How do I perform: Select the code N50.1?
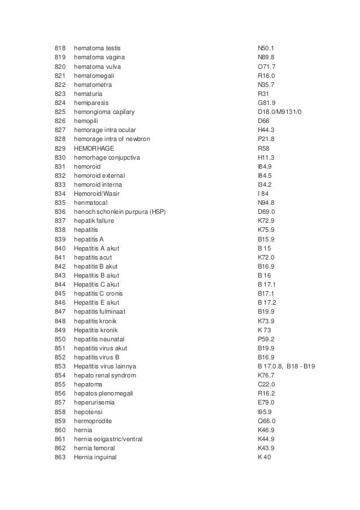[265, 48]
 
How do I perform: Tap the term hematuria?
[89, 94]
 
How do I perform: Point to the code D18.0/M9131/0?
[279, 112]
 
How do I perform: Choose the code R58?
[264, 148]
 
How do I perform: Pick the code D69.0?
[266, 212]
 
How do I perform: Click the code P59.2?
[266, 338]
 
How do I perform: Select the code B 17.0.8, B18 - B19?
[286, 366]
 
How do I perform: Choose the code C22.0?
[266, 384]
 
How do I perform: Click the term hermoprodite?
[95, 420]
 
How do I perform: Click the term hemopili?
[87, 121]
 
